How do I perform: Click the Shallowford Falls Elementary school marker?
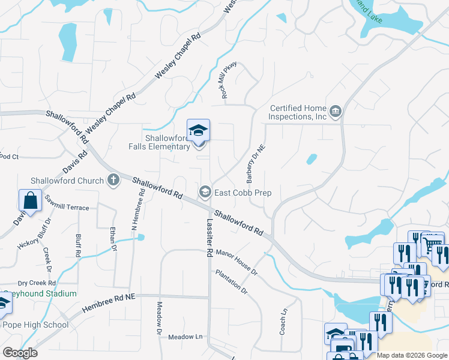pyautogui.click(x=198, y=131)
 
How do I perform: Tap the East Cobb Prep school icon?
pyautogui.click(x=204, y=192)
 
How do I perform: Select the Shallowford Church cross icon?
pyautogui.click(x=113, y=179)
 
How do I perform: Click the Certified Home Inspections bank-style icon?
pyautogui.click(x=336, y=112)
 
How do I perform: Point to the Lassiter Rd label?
pyautogui.click(x=209, y=238)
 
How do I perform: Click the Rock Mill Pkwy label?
pyautogui.click(x=230, y=80)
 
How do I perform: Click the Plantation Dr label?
pyautogui.click(x=232, y=281)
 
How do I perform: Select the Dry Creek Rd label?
pyautogui.click(x=37, y=283)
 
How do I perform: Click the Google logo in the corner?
pyautogui.click(x=20, y=353)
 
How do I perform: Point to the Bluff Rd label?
pyautogui.click(x=78, y=245)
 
